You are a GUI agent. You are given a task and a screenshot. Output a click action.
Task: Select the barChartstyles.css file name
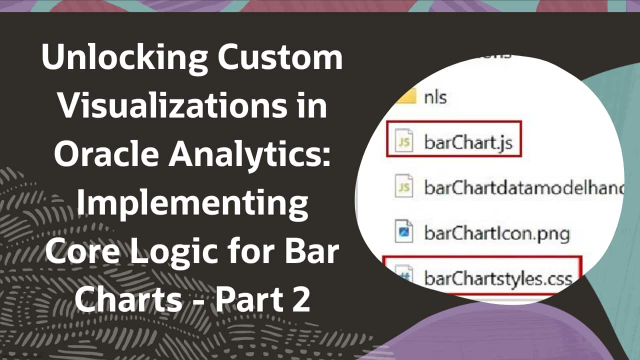coord(498,277)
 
